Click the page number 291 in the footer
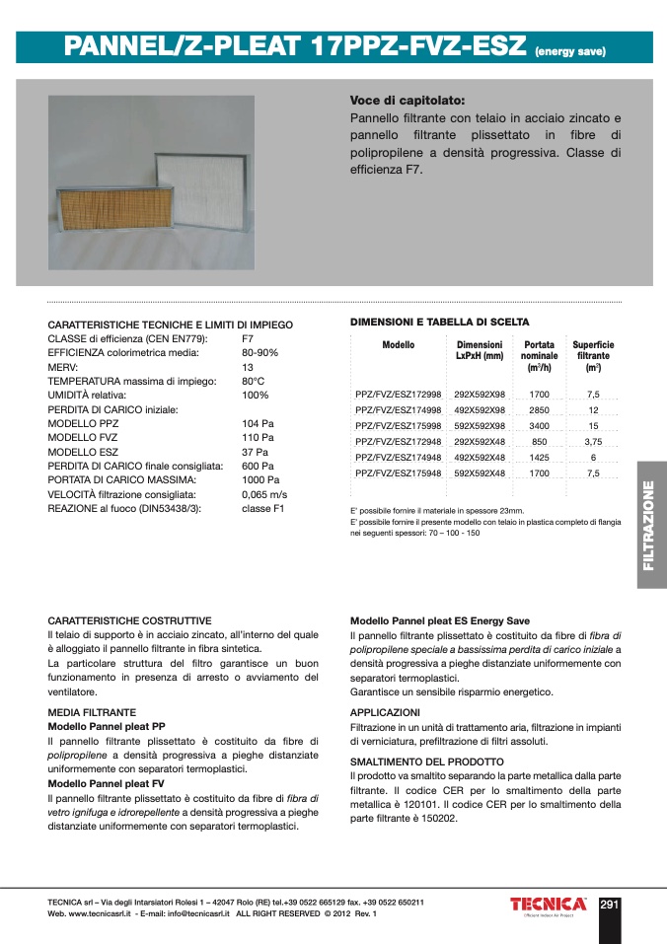(x=609, y=905)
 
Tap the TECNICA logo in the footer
(x=548, y=905)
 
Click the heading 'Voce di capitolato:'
(x=407, y=100)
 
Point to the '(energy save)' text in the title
(x=569, y=50)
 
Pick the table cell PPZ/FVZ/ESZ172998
(x=398, y=394)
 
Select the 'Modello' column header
(x=398, y=345)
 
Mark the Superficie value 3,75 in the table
(x=593, y=441)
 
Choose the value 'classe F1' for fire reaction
(x=263, y=508)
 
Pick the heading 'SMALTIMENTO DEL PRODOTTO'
(x=427, y=762)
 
